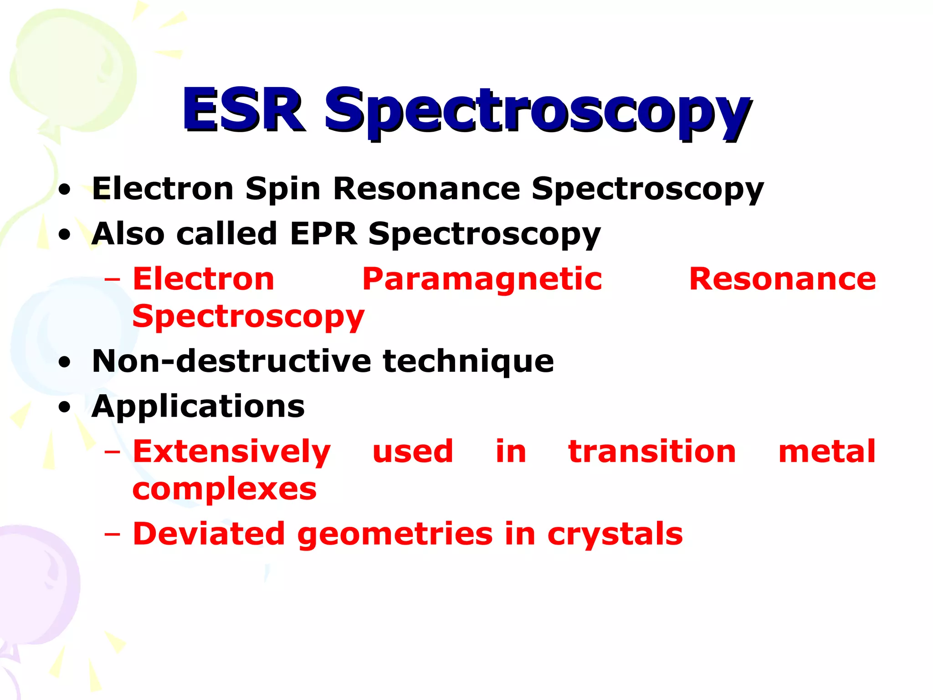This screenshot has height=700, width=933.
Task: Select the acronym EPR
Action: coord(323,234)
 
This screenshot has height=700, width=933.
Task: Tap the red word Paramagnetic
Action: coord(482,279)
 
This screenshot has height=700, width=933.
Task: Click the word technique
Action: coord(468,361)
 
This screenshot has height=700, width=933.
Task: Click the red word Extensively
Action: coord(231,452)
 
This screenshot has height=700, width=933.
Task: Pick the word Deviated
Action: coord(209,534)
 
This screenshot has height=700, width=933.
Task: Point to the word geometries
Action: coord(395,534)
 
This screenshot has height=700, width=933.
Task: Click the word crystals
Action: coord(615,534)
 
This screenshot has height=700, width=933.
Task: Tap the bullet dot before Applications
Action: coord(65,407)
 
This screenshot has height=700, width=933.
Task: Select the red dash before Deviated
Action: coord(113,534)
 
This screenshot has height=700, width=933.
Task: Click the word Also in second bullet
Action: coord(128,234)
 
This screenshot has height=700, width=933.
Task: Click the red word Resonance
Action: coord(782,279)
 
